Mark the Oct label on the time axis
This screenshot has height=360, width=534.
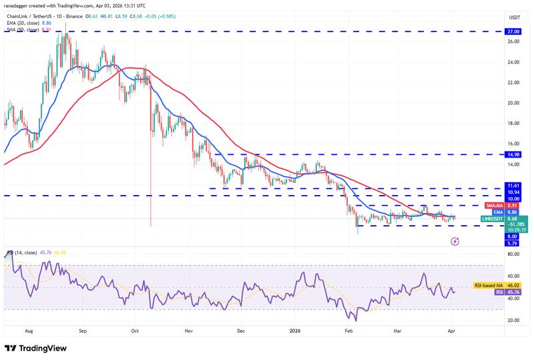click(134, 330)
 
